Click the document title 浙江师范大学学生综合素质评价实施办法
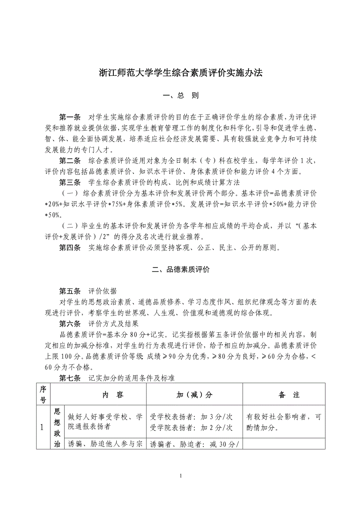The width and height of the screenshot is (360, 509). (x=180, y=73)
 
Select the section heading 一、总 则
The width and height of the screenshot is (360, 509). (x=180, y=96)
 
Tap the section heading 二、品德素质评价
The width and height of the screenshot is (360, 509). (x=180, y=269)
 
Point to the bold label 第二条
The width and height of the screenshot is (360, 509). (x=70, y=160)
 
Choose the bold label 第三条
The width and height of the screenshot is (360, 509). (x=70, y=182)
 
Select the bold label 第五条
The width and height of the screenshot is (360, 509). (x=70, y=291)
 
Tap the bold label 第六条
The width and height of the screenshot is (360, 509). (x=70, y=324)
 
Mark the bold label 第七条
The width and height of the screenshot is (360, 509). (x=70, y=378)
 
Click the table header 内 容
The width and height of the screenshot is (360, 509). (x=113, y=395)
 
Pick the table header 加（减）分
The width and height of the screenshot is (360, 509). (x=194, y=395)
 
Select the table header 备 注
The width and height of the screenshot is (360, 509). (x=289, y=395)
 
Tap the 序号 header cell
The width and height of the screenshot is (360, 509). (x=43, y=395)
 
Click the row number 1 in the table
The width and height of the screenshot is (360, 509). (x=43, y=427)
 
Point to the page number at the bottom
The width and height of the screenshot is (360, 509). (x=180, y=476)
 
